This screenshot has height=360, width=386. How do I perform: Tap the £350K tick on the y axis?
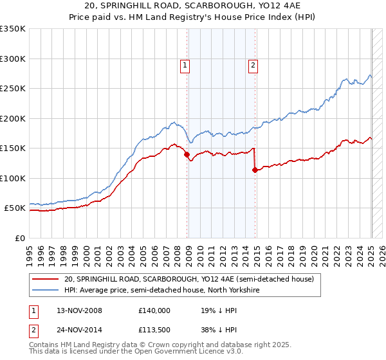click(x=13, y=29)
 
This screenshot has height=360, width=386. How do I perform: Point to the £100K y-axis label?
click(x=13, y=178)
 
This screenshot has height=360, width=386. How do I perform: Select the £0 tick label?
click(x=19, y=238)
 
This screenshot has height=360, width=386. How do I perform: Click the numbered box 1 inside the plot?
click(x=185, y=64)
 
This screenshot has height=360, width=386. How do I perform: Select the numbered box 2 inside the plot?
click(x=253, y=64)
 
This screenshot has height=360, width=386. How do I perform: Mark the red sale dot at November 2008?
click(x=187, y=154)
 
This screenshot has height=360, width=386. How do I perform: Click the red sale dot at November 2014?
click(x=255, y=170)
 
